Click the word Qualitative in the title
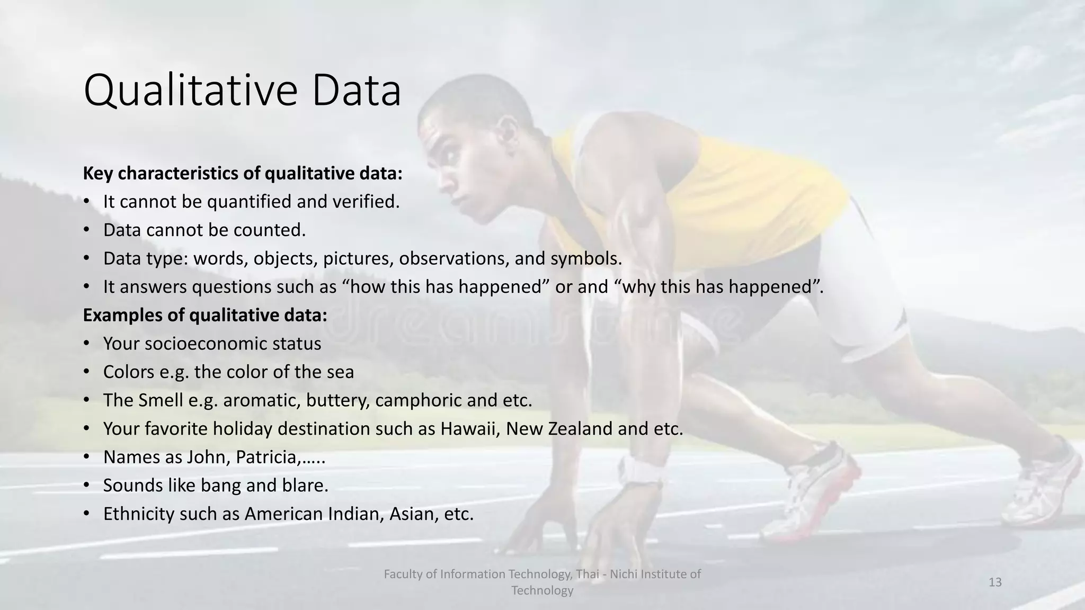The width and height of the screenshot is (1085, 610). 192,91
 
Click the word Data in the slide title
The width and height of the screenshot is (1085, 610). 357,91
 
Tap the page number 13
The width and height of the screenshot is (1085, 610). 995,582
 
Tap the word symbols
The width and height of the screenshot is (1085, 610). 585,258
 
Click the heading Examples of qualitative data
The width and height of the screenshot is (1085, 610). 205,315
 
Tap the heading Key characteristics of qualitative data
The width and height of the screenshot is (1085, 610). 243,173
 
